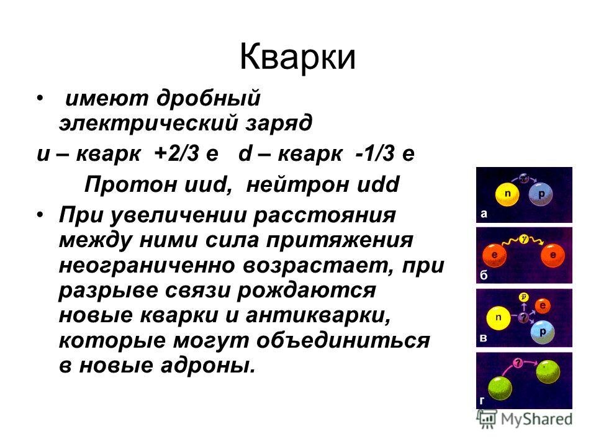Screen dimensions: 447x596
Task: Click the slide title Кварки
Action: click(x=297, y=57)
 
